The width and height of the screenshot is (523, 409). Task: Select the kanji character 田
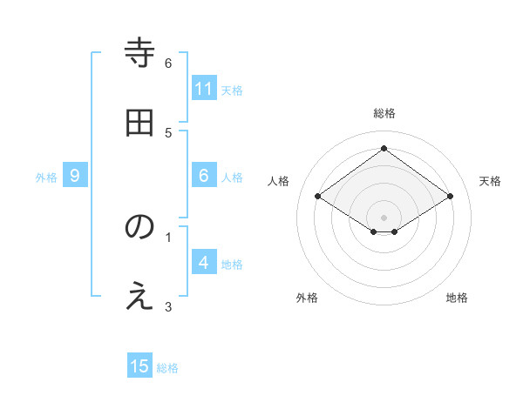point(140,123)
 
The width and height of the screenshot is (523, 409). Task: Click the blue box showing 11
point(204,89)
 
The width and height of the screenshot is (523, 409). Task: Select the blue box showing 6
point(204,176)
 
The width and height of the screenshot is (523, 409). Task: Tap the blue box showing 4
point(204,263)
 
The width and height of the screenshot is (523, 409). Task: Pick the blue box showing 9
point(75,176)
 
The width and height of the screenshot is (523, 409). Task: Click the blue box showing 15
point(139,366)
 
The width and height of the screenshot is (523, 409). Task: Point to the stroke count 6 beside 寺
point(168,63)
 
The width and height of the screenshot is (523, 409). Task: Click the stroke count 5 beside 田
point(168,132)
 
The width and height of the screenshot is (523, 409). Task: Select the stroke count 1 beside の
point(168,236)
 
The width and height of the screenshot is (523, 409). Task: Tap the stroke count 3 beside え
point(168,305)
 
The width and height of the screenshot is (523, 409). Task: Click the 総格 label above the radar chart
point(384,113)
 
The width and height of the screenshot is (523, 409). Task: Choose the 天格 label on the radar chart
point(490,181)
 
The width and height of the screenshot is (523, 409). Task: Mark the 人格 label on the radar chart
point(278,181)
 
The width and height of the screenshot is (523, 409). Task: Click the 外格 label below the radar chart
point(307,298)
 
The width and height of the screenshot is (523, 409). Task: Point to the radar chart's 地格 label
point(457,298)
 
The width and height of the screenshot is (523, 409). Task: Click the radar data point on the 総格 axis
point(384,149)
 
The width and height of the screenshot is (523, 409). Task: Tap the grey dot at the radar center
point(384,217)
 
